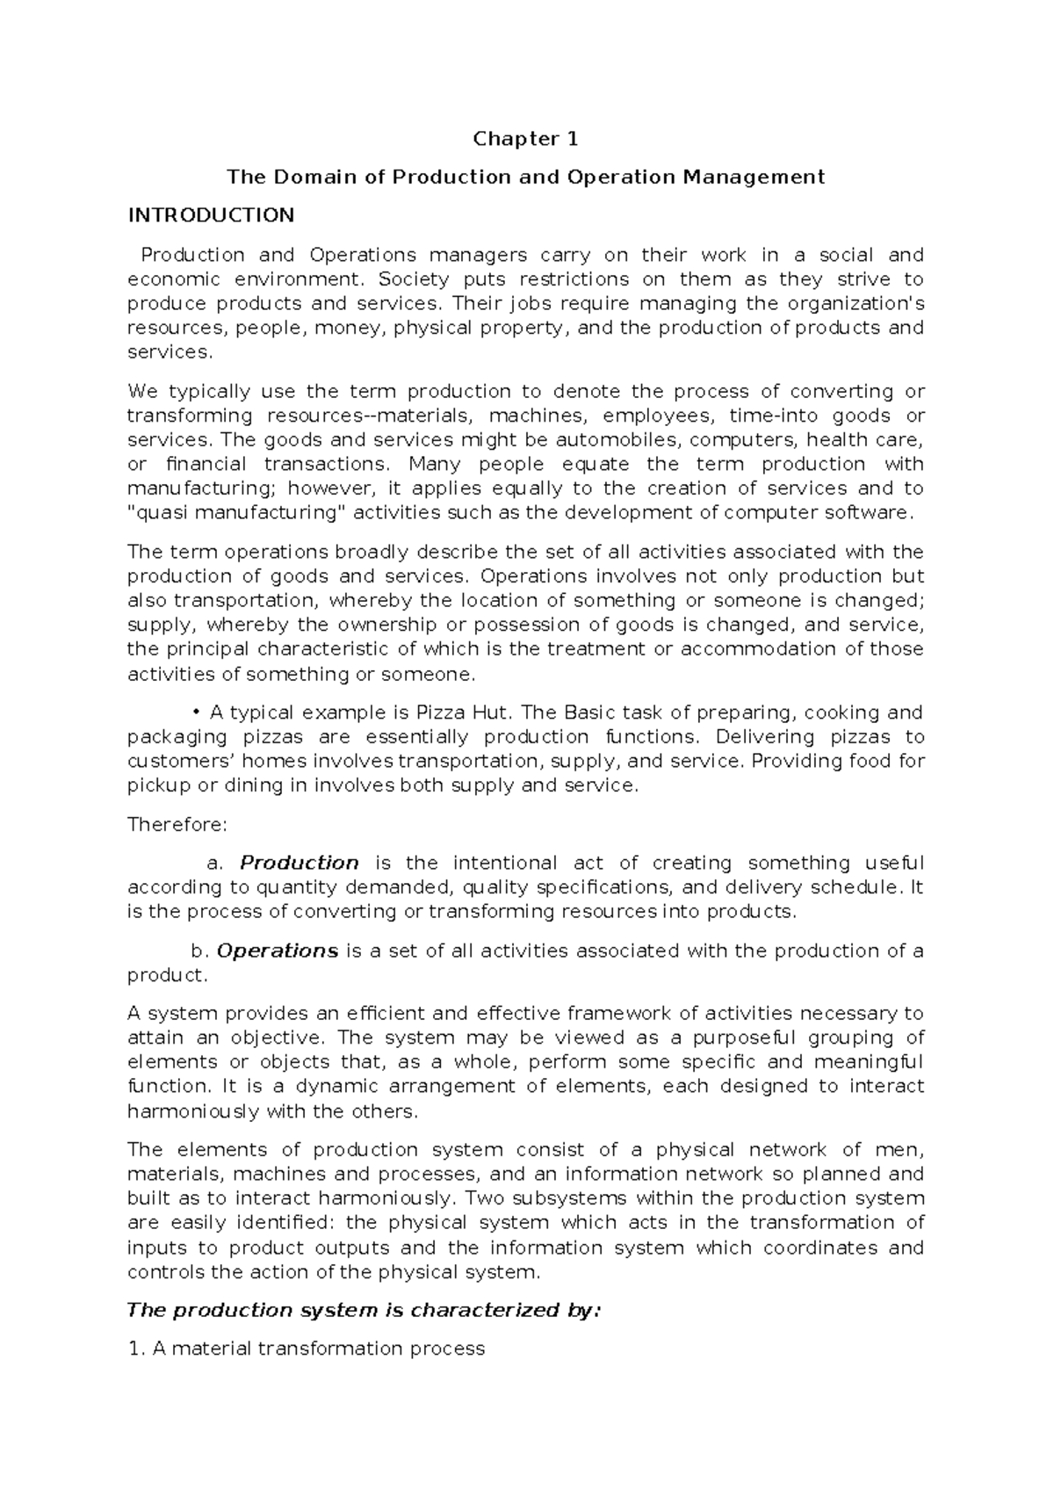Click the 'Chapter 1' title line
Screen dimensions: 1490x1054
[525, 139]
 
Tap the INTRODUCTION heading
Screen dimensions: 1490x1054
[211, 216]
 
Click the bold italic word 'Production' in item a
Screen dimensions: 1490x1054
[299, 863]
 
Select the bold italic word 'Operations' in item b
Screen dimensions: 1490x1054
[277, 951]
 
